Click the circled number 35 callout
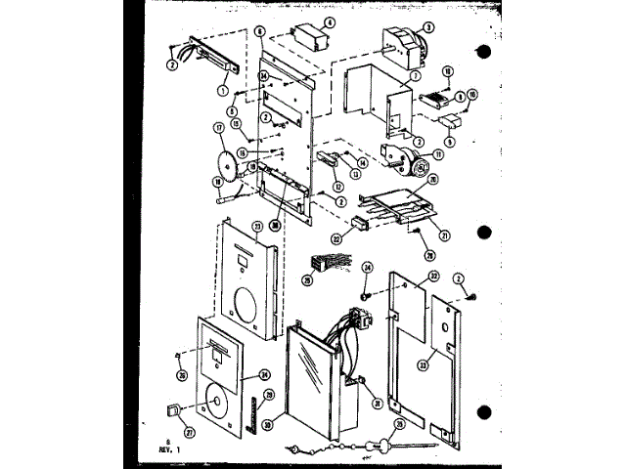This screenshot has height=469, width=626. pyautogui.click(x=398, y=425)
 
